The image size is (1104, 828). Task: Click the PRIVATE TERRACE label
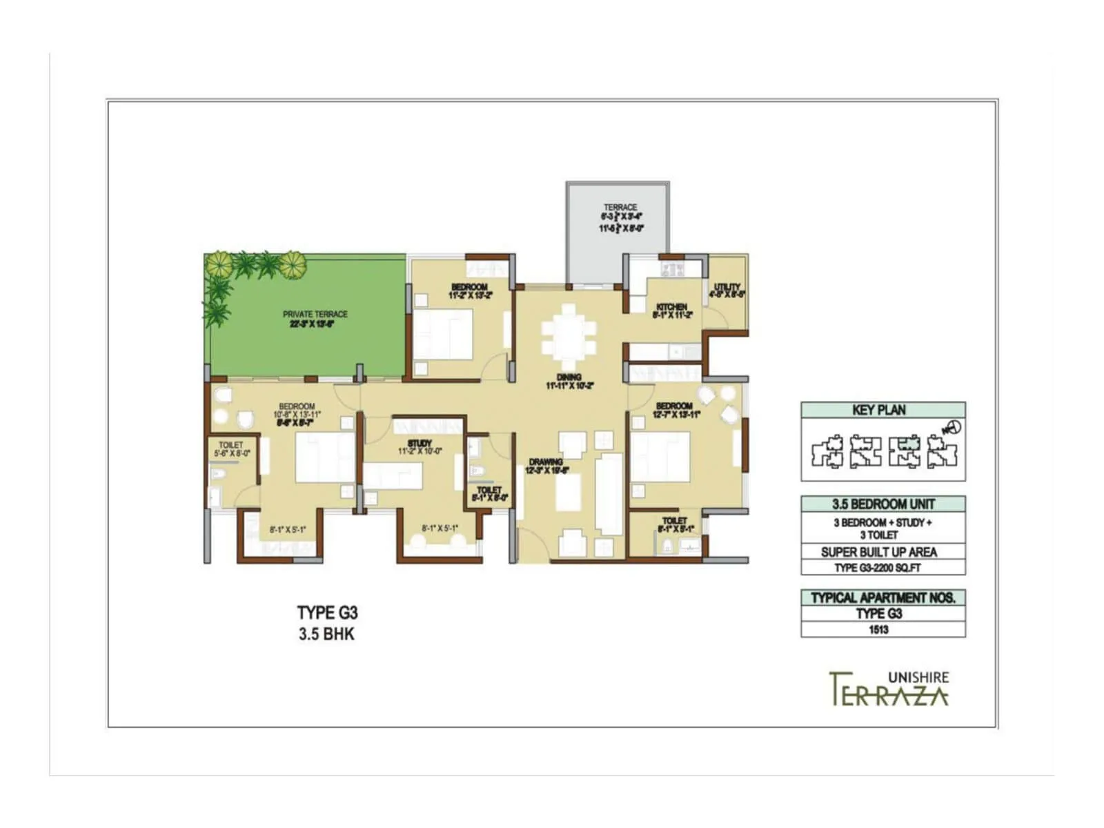[315, 314]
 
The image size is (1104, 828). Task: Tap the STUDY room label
[420, 443]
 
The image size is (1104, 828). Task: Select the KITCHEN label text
[671, 307]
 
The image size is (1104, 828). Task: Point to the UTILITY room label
[727, 287]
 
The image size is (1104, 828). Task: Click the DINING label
[569, 377]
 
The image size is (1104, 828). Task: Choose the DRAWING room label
[546, 462]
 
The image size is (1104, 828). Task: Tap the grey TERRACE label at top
[620, 207]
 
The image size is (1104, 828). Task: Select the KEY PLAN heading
[878, 410]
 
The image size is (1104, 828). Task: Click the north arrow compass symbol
[953, 428]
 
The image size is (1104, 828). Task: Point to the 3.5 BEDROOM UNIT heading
[883, 504]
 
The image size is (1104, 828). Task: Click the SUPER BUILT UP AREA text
[878, 552]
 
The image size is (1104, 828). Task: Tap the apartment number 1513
[878, 629]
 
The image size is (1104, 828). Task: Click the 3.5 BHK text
[326, 634]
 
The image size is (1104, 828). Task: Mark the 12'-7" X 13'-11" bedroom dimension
[676, 415]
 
